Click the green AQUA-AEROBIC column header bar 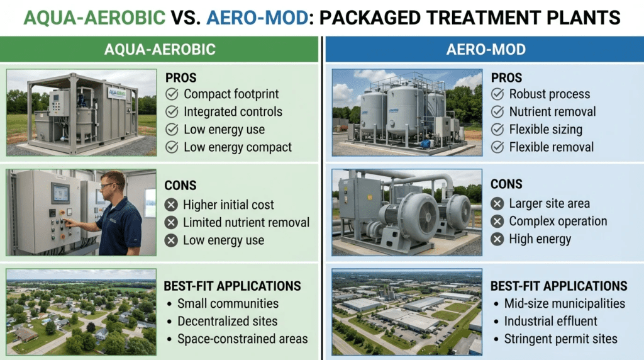[159, 49]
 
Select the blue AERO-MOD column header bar [485, 49]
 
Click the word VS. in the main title [186, 18]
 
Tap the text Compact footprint [231, 94]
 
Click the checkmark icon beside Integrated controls [172, 112]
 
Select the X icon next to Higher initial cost [171, 205]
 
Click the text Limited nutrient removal [246, 222]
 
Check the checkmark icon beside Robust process [497, 94]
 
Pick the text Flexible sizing [546, 130]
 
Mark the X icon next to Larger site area [497, 203]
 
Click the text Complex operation [558, 221]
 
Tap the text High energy [540, 239]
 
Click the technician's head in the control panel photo [113, 184]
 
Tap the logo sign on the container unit [117, 93]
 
